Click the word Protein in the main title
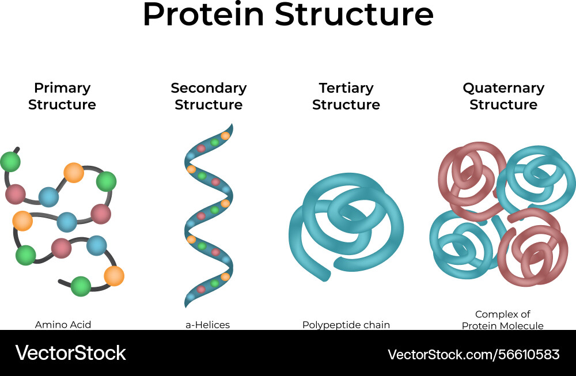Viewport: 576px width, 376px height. point(203,16)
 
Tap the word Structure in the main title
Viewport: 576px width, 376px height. point(354,16)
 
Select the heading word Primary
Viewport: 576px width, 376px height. point(62,88)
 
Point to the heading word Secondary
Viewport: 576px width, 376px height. point(209,88)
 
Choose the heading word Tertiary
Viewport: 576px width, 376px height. point(346,88)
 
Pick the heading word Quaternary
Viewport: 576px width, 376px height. point(503,88)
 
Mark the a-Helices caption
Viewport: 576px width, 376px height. point(207,325)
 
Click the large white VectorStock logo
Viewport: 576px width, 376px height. point(70,353)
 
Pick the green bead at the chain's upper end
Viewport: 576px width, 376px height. point(10,162)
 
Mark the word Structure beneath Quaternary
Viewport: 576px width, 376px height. point(503,105)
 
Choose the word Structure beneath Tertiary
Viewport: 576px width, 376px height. point(346,105)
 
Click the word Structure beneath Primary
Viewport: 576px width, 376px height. point(62,105)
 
